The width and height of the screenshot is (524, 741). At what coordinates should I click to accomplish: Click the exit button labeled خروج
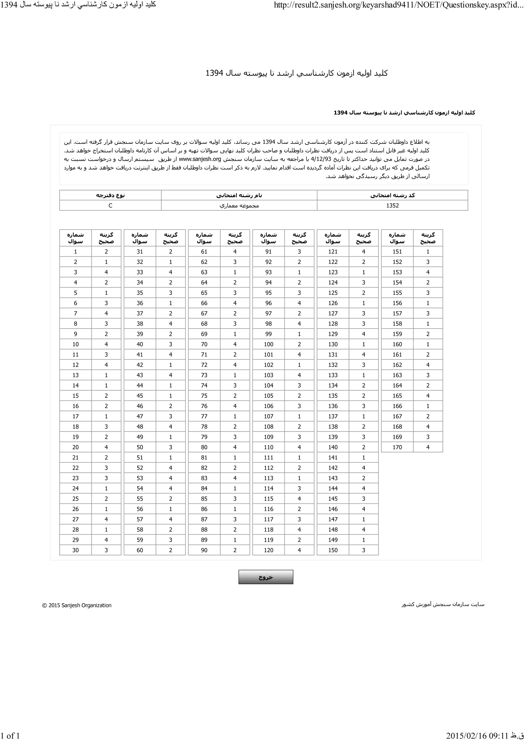[266, 577]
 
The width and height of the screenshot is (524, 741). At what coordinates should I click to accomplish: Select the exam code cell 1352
[392, 206]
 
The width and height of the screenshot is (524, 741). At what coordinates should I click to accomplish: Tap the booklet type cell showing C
[110, 206]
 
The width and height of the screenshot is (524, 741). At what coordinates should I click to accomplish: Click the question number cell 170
[397, 447]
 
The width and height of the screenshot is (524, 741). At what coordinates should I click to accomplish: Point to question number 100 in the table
[268, 344]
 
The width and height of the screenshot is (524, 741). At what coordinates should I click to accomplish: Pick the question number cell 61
[204, 252]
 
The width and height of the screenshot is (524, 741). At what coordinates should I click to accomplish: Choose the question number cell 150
[333, 550]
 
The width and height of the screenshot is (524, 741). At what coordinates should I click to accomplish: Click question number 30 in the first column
[75, 550]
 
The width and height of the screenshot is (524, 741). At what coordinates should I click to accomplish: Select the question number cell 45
[139, 396]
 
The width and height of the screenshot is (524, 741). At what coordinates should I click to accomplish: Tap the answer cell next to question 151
[428, 252]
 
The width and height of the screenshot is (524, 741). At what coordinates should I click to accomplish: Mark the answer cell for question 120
[299, 550]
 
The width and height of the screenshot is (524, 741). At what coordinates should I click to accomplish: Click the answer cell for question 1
[106, 252]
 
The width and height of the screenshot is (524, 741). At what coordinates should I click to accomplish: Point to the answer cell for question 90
[235, 550]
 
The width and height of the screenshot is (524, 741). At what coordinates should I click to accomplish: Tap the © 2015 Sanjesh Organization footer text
[77, 605]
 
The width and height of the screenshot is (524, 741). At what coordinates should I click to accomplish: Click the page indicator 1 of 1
[10, 736]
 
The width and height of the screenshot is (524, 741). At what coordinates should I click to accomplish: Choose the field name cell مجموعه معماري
[239, 206]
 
